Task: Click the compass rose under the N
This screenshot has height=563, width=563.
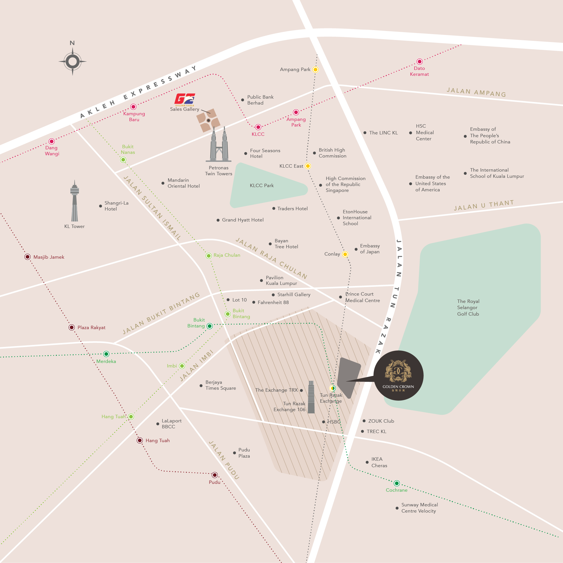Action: tap(73, 61)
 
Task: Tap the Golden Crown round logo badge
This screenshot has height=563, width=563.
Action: tap(398, 375)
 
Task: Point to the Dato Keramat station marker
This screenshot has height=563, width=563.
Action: tap(419, 61)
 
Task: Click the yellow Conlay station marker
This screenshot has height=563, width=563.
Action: tap(345, 254)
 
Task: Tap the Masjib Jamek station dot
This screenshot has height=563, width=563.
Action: tap(27, 257)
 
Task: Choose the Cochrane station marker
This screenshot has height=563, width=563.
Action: tap(397, 483)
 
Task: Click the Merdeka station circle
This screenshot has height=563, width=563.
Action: tap(106, 354)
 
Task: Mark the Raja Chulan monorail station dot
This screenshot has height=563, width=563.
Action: tap(209, 256)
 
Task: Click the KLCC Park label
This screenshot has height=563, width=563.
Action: tap(262, 185)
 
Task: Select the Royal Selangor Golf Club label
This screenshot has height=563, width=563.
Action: tap(468, 307)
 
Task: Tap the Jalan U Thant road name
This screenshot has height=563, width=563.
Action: tap(484, 205)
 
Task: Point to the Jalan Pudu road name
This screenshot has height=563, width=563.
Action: tap(224, 460)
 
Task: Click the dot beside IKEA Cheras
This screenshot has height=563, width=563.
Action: tap(367, 462)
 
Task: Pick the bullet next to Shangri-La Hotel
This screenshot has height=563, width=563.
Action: tap(100, 206)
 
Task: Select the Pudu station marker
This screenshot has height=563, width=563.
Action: tap(215, 475)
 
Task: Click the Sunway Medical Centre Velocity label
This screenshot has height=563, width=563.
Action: tap(419, 508)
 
